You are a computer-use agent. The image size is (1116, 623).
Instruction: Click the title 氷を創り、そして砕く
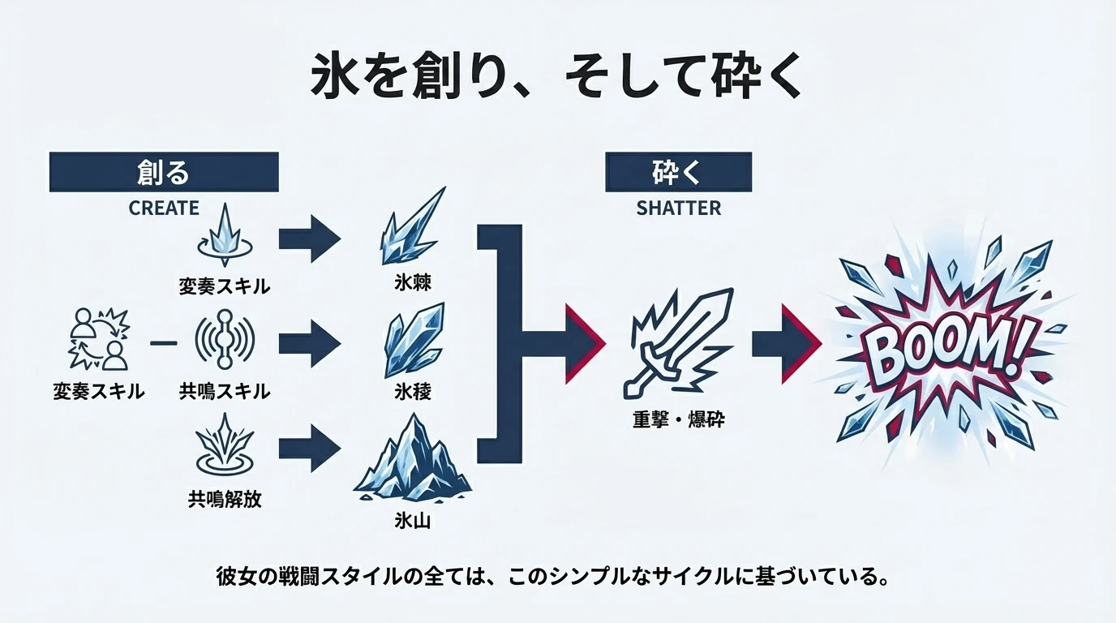[x=557, y=78]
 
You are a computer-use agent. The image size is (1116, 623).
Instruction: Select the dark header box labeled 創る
[x=164, y=172]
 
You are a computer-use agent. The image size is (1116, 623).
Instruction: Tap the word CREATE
[x=164, y=208]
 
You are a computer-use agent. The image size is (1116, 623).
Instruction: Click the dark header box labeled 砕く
[x=677, y=172]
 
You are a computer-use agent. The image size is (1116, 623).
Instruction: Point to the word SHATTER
[x=678, y=208]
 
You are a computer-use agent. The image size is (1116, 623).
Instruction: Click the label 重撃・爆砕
[x=677, y=420]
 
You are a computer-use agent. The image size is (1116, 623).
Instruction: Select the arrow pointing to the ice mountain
[x=308, y=449]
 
